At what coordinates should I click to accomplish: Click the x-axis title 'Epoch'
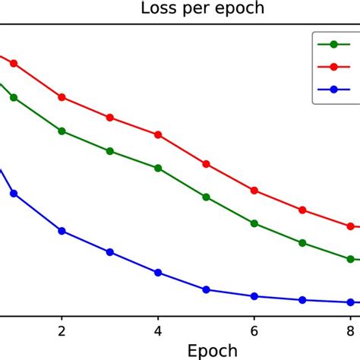[x=212, y=351]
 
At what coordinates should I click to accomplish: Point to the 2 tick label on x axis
[x=62, y=330]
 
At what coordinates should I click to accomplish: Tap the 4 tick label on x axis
[x=158, y=330]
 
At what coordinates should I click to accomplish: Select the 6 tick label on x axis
[x=254, y=330]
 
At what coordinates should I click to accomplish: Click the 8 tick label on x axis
[x=350, y=330]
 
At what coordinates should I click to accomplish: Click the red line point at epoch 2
[x=62, y=97]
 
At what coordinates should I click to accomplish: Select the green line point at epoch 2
[x=62, y=131]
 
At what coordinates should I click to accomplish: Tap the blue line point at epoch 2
[x=62, y=230]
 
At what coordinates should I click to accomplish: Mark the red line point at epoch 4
[x=158, y=134]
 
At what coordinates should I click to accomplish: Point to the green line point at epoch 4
[x=158, y=168]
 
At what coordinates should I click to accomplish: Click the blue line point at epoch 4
[x=158, y=272]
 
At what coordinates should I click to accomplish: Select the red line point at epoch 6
[x=254, y=191]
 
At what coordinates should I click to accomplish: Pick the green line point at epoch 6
[x=254, y=223]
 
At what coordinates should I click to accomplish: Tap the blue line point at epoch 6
[x=254, y=296]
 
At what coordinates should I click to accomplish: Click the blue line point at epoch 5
[x=206, y=289]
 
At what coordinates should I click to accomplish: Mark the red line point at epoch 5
[x=206, y=163]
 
